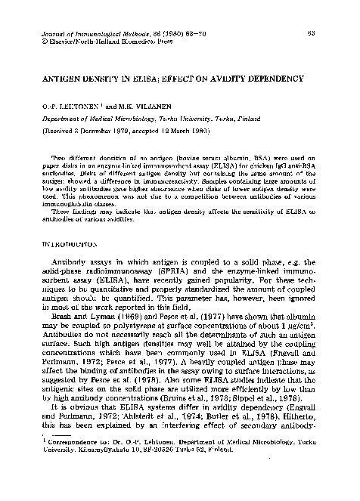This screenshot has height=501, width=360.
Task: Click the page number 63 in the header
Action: click(333, 35)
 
